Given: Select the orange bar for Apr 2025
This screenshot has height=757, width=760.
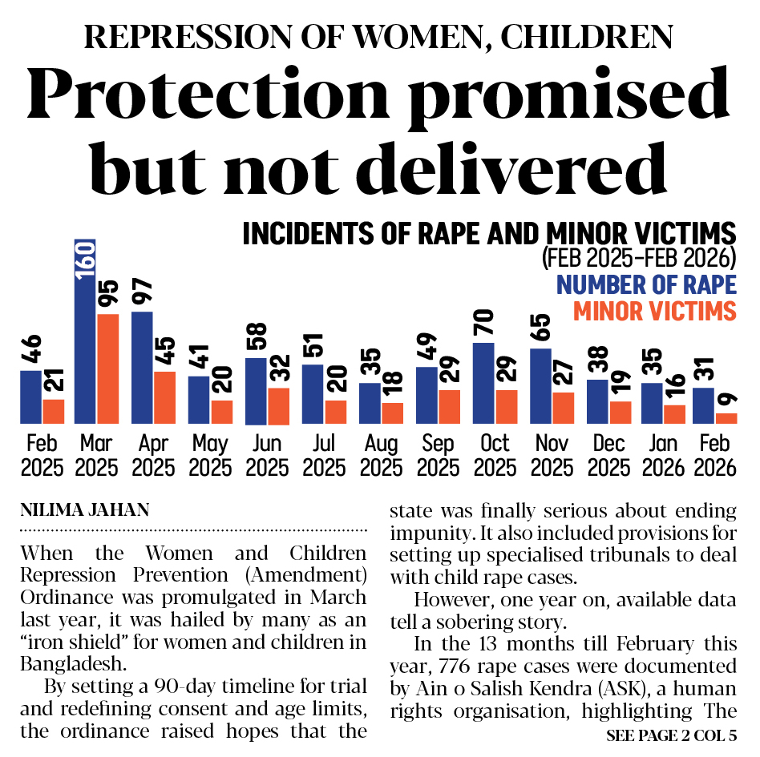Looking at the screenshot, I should tap(164, 397).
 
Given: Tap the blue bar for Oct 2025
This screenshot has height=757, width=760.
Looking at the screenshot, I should tap(483, 383).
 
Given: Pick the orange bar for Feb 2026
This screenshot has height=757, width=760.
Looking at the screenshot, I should tap(726, 418).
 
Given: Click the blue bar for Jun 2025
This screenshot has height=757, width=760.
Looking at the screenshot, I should tap(256, 391).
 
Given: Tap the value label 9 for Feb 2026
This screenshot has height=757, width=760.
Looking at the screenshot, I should tap(727, 399).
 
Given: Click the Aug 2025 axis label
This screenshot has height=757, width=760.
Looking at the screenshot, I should tap(381, 455).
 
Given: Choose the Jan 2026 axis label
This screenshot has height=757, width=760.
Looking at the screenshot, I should tap(663, 455).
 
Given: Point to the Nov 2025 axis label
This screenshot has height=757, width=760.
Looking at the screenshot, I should tap(551, 455).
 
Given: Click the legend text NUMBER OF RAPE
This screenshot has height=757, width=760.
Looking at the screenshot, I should tap(646, 284).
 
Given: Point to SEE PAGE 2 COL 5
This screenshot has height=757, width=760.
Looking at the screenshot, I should tap(672, 735).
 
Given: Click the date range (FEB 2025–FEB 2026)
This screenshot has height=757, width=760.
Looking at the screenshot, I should tap(639, 259).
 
